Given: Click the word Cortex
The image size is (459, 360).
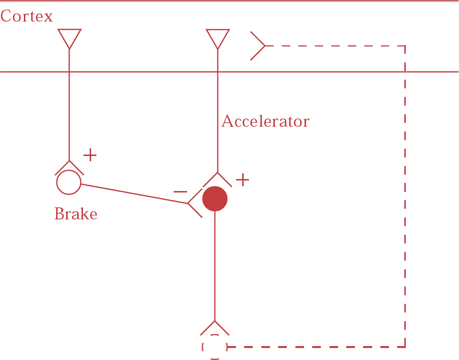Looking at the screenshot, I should [26, 16].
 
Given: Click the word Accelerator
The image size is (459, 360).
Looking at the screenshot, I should [265, 121].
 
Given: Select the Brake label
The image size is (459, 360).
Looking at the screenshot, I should [76, 214].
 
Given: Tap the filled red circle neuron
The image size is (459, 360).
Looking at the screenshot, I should [214, 199].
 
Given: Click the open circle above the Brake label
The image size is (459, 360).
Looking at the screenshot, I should [69, 182].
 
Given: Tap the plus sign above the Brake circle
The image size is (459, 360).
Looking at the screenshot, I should [90, 155].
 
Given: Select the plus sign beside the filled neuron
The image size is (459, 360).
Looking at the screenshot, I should [243, 180].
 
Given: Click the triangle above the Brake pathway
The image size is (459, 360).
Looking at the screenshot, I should [69, 37].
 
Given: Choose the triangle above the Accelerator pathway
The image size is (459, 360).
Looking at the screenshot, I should [217, 37].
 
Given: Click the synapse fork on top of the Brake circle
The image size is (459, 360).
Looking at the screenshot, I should [69, 167].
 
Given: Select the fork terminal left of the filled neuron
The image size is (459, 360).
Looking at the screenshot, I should [195, 203].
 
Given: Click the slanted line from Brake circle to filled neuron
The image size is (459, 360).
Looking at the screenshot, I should [134, 194].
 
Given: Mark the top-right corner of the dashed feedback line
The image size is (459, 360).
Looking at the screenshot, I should [405, 46].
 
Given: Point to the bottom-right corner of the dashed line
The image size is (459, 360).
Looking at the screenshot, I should [405, 346].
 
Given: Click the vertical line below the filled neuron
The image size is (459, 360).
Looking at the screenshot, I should [214, 264].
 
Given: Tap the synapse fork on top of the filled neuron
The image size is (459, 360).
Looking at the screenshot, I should [217, 179].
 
